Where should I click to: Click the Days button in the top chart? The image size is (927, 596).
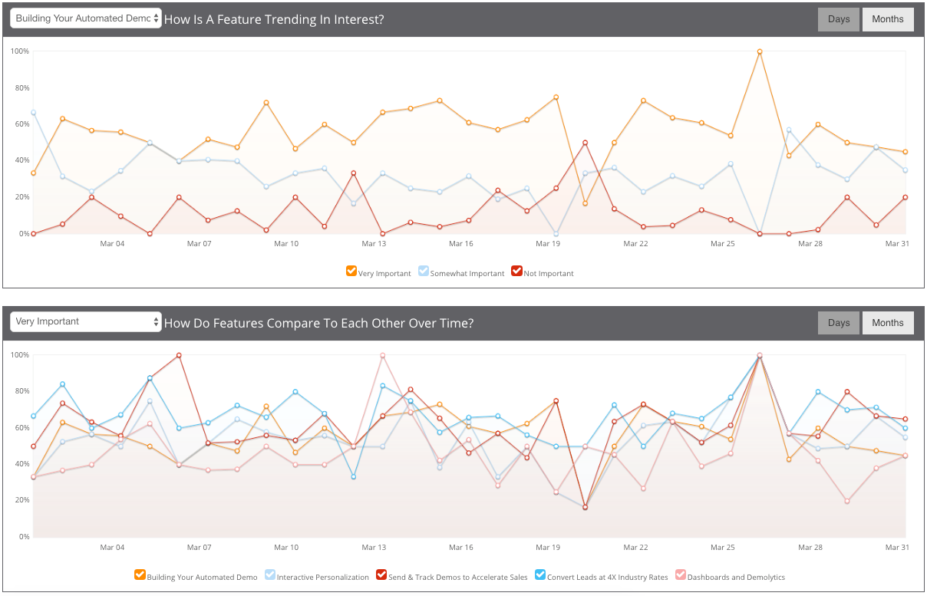(839, 19)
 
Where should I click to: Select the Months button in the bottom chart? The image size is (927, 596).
(888, 323)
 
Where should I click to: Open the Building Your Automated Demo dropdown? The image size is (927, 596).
(86, 18)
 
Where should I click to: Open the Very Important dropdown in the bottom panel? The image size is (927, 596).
(86, 321)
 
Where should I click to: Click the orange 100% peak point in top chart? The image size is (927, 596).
(760, 51)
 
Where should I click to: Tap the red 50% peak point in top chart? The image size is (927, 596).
(586, 143)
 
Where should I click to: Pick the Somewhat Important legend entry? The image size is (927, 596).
(461, 272)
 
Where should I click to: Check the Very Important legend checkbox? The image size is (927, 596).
(351, 272)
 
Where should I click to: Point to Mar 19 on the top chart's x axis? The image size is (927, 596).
(548, 244)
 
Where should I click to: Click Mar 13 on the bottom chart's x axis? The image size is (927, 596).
(374, 548)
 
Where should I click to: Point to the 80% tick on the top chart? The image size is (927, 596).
(20, 88)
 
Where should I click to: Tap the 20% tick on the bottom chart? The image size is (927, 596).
(20, 500)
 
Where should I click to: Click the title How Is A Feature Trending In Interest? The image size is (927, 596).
(274, 20)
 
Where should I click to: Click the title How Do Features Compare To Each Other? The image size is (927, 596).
(318, 324)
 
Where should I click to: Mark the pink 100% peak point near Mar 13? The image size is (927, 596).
(382, 355)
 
